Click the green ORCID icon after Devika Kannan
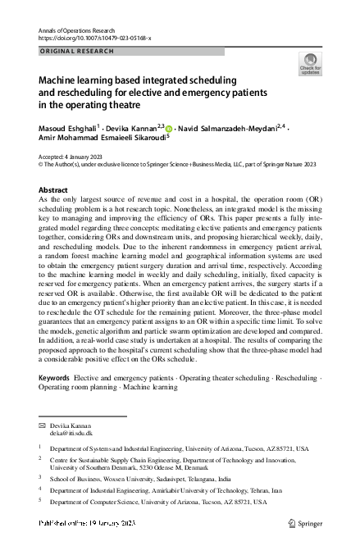pyautogui.click(x=169, y=129)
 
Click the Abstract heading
pyautogui.click(x=53, y=189)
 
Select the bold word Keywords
pyautogui.click(x=54, y=377)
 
